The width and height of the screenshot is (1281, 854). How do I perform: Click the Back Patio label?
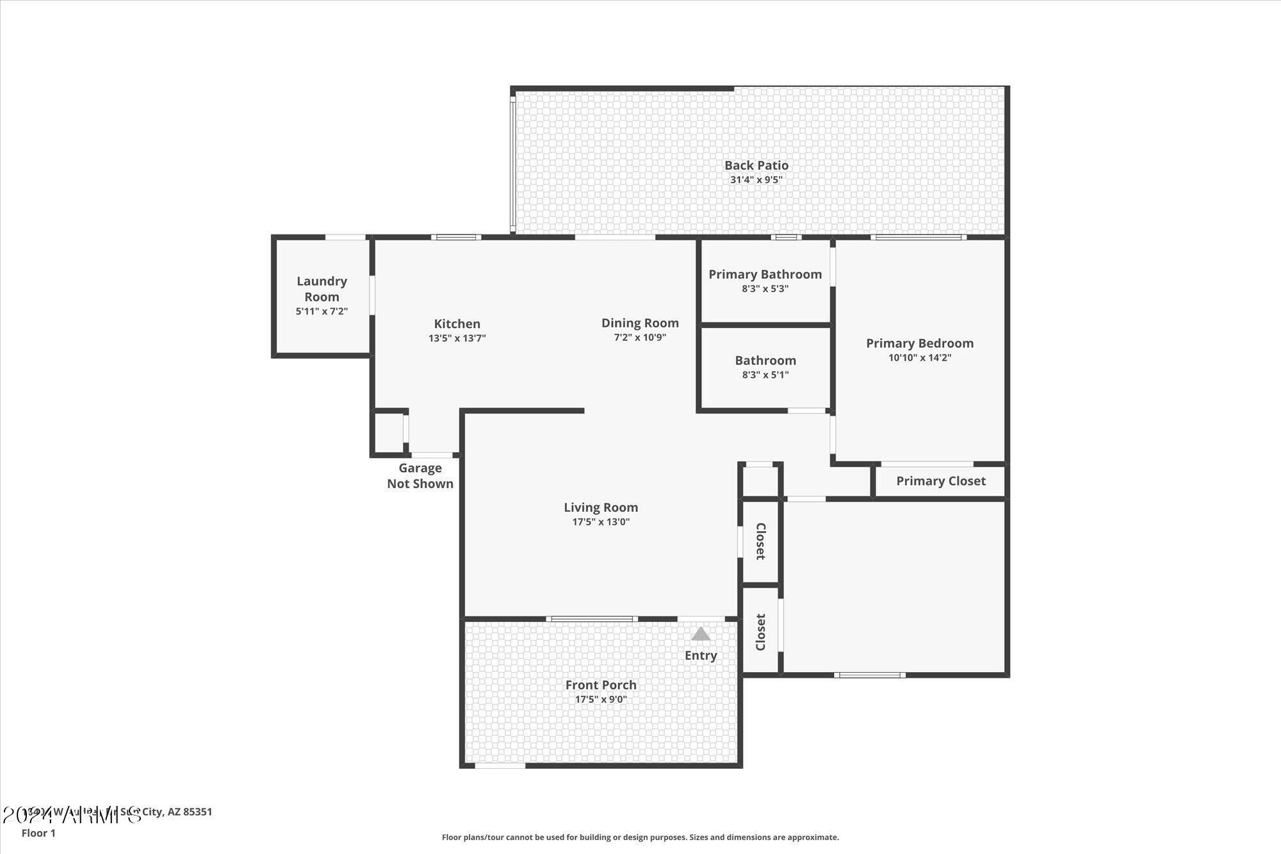(x=756, y=165)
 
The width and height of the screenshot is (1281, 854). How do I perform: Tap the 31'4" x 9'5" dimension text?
(x=756, y=180)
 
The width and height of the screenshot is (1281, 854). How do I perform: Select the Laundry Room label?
(x=322, y=288)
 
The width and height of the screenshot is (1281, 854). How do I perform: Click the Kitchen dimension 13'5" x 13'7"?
(x=457, y=338)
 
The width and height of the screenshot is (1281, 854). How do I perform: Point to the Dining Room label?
(x=639, y=323)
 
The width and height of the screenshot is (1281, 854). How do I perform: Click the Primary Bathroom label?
(x=765, y=274)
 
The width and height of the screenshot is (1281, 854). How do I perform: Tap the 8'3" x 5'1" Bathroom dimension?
(x=765, y=375)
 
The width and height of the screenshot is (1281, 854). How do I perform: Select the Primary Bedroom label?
(x=919, y=343)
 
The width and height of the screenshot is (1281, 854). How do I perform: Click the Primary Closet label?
(x=940, y=481)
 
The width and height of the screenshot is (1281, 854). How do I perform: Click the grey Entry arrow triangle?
(x=701, y=634)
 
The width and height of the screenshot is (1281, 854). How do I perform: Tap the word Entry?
(x=701, y=655)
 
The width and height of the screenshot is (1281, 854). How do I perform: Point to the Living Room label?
(x=600, y=507)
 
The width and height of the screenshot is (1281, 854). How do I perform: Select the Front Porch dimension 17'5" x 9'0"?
(x=600, y=700)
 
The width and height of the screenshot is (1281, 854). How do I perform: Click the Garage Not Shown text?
(x=420, y=476)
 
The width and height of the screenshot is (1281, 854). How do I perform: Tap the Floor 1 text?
(x=38, y=833)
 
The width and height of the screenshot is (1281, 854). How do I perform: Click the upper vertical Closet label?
(x=760, y=541)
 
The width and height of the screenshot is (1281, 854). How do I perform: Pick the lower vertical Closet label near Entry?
(x=760, y=632)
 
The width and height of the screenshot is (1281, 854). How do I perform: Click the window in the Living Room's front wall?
(x=591, y=619)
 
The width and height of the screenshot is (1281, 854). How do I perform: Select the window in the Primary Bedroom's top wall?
(x=918, y=238)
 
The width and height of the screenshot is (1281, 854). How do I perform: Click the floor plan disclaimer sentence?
(x=640, y=837)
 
